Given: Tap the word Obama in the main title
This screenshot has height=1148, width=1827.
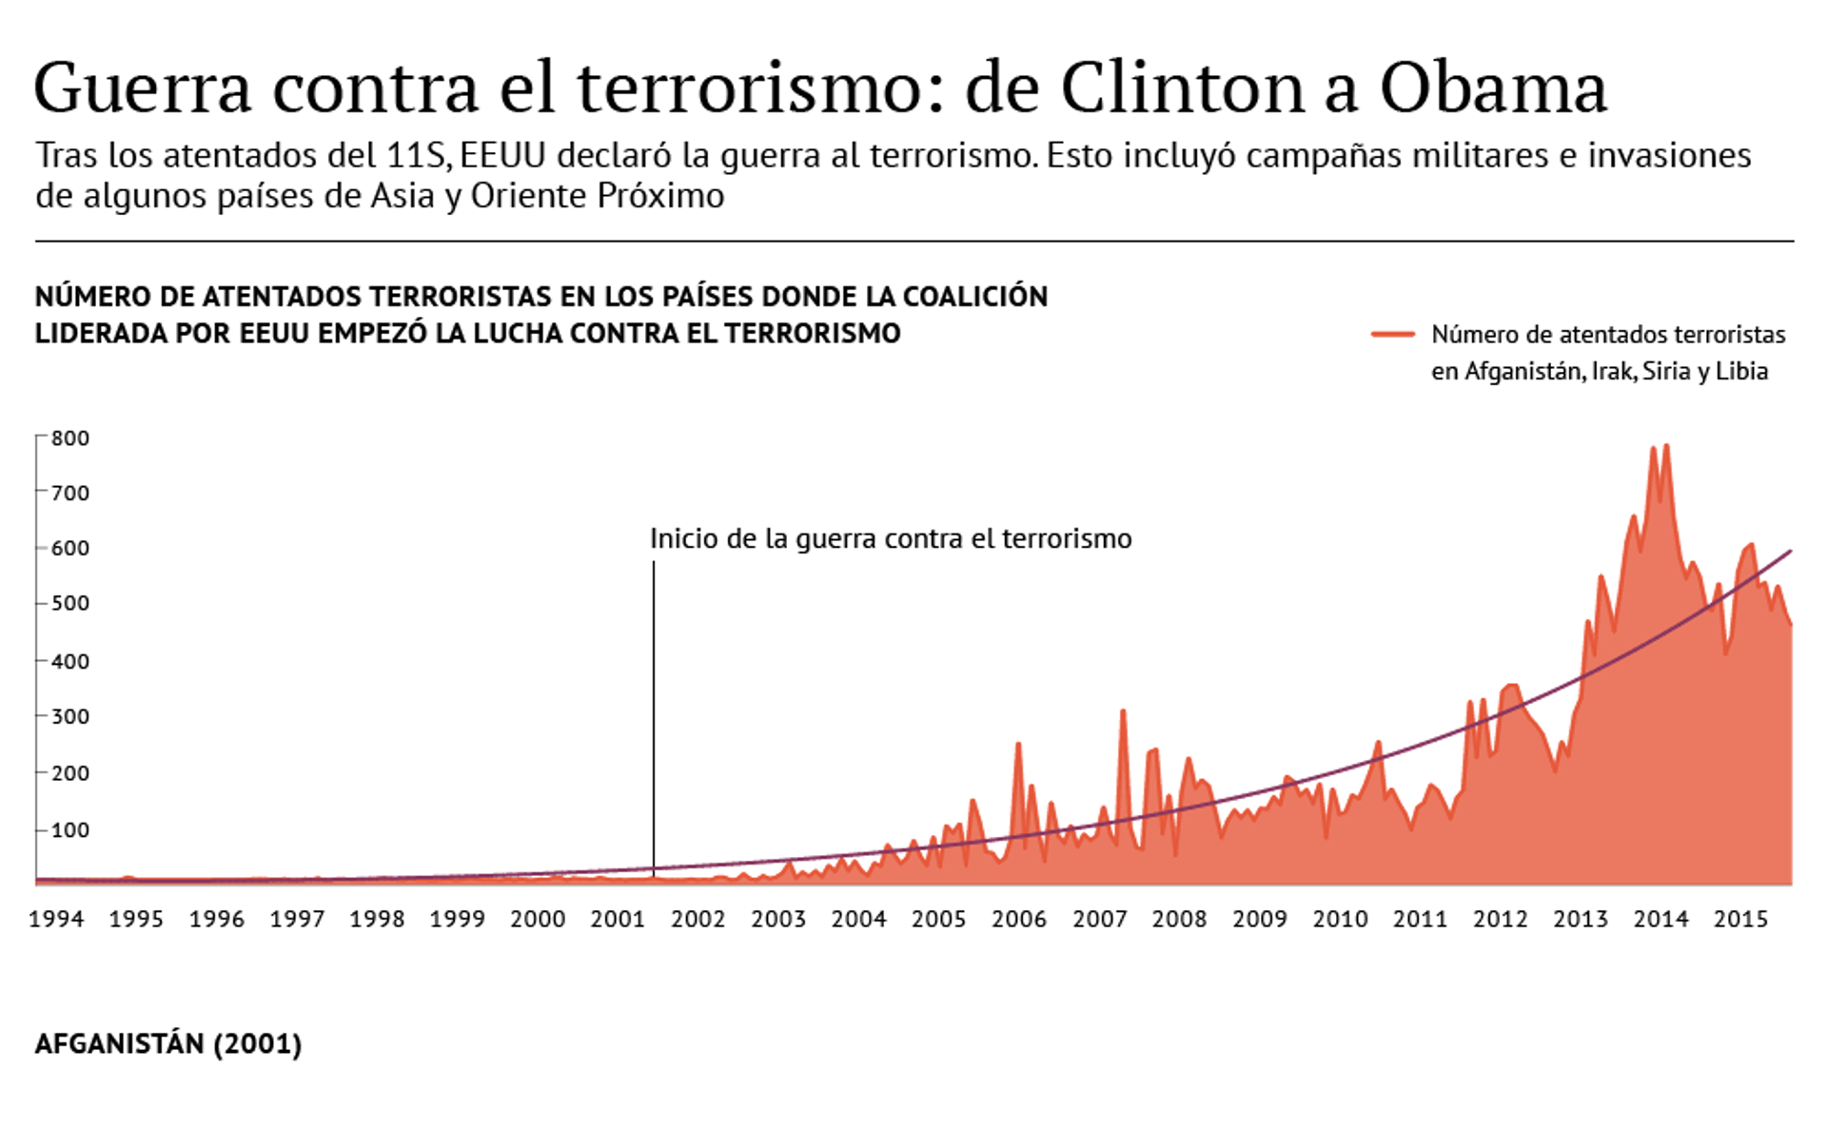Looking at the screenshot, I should click(1493, 88).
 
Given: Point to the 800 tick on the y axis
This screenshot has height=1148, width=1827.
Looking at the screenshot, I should click(69, 438).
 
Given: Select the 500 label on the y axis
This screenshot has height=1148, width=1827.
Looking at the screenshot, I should click(69, 603).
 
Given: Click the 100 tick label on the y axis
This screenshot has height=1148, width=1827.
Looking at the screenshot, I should click(69, 830).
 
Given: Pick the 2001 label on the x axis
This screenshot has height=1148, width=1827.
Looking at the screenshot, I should click(618, 919).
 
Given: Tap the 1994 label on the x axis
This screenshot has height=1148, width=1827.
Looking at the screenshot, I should click(56, 919).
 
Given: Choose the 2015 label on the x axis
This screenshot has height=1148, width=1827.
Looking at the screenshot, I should click(1740, 919).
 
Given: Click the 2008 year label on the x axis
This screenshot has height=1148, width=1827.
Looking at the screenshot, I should click(1179, 919).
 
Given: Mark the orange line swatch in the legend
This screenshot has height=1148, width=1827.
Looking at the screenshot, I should click(1392, 334).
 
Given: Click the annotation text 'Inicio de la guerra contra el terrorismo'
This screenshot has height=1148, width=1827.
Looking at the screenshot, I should click(891, 539).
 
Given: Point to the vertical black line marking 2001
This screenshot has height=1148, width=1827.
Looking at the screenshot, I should click(654, 713).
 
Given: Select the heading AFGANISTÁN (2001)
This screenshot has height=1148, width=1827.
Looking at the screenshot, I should click(168, 1044).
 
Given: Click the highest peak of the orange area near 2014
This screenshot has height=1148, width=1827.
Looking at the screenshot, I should click(1666, 446).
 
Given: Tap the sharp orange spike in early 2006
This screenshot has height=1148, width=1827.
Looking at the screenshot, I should click(1018, 745).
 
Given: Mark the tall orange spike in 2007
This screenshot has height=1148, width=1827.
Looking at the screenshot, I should click(1123, 711).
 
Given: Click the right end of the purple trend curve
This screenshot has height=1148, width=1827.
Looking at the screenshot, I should click(1791, 551).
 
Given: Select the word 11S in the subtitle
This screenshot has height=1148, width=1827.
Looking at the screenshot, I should click(417, 155).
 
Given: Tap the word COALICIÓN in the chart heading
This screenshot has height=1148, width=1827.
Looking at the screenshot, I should click(974, 297).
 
